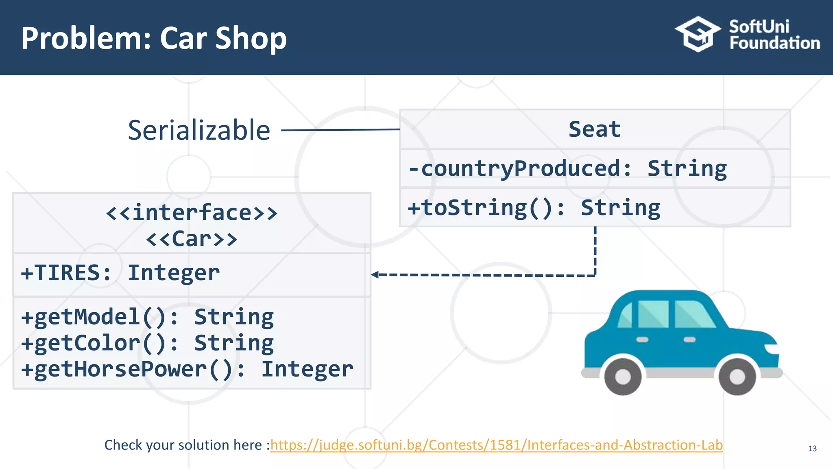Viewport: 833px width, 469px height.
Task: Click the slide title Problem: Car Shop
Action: pos(154,38)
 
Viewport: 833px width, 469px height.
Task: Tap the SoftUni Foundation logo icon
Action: pos(698,34)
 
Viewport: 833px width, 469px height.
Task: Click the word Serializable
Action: pos(199,130)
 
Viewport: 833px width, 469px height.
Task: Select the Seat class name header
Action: pos(594,129)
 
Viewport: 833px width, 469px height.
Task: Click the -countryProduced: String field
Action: pos(568,169)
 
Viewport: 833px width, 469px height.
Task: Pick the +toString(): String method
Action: pos(534,208)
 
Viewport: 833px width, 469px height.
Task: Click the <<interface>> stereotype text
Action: pos(192,213)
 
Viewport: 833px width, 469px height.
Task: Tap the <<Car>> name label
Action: pos(192,239)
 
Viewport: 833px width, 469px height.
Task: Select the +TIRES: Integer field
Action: pos(120,273)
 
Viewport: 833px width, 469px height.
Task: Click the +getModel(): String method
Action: pos(148,317)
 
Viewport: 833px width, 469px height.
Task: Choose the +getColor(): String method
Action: pos(148,343)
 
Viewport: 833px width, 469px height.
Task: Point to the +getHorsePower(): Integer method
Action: pos(187,369)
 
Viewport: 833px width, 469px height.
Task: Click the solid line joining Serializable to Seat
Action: pos(340,130)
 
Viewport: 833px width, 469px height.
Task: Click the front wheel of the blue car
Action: pos(737,376)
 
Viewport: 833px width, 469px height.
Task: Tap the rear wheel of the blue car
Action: pos(623,376)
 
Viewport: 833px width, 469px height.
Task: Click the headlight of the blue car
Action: pos(772,349)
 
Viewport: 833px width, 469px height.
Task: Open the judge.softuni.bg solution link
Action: pos(496,445)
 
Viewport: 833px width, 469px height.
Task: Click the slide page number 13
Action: pos(812,449)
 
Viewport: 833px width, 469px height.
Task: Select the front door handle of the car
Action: pos(689,340)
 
